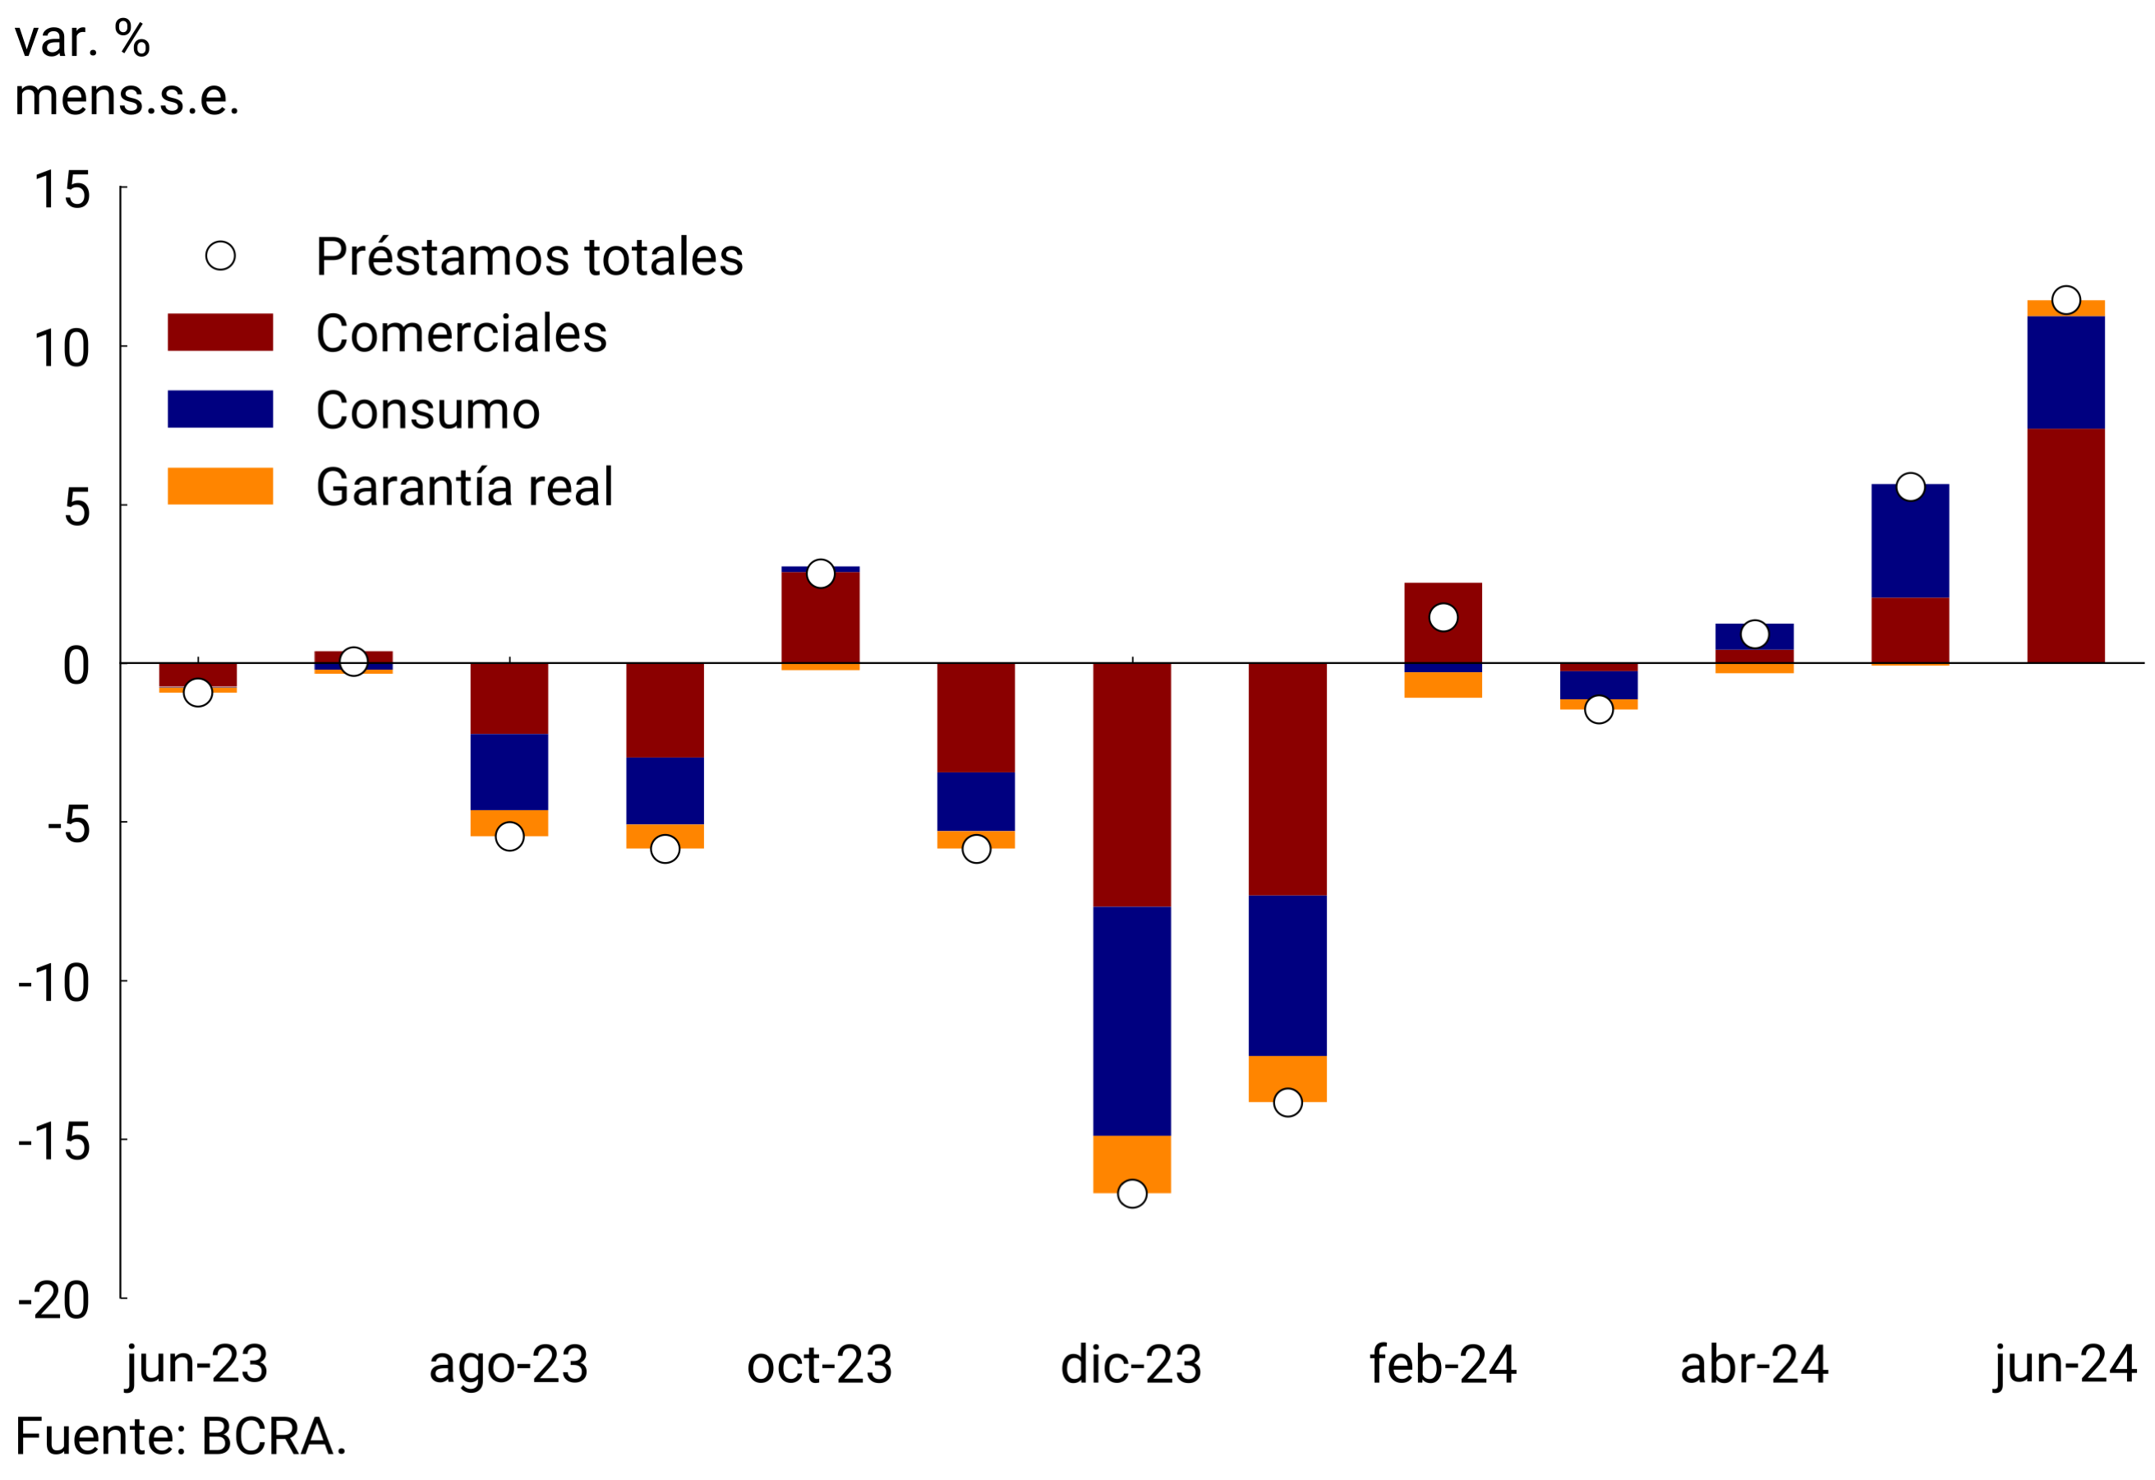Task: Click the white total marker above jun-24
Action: [x=2065, y=301]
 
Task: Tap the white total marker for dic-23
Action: [x=1131, y=1193]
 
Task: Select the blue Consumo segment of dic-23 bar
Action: [x=1131, y=1020]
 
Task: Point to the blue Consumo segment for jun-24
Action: [x=2065, y=372]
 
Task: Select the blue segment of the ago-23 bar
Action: [x=509, y=772]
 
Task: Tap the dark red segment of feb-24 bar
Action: [x=1443, y=640]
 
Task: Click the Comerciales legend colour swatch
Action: [x=219, y=332]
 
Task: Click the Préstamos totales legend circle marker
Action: [x=219, y=256]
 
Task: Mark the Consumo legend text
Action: [x=427, y=410]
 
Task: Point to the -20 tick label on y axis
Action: [x=53, y=1301]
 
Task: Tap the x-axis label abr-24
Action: [x=1753, y=1365]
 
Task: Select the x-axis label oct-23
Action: [x=820, y=1365]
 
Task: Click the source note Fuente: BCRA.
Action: [x=181, y=1437]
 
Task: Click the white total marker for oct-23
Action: [x=820, y=574]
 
